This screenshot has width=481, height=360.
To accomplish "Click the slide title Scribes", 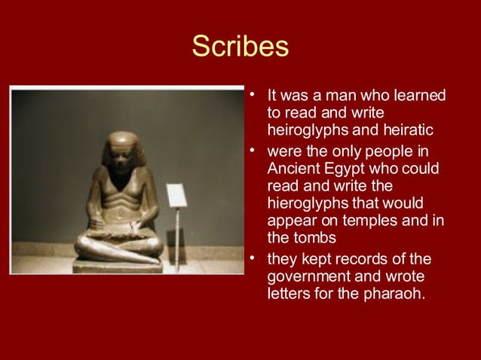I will coord(240,47).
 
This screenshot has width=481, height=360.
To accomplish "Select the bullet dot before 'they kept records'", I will coord(254,260).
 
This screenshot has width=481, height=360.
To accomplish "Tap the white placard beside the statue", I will coord(176,195).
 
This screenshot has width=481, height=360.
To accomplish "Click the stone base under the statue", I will coord(118,266).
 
